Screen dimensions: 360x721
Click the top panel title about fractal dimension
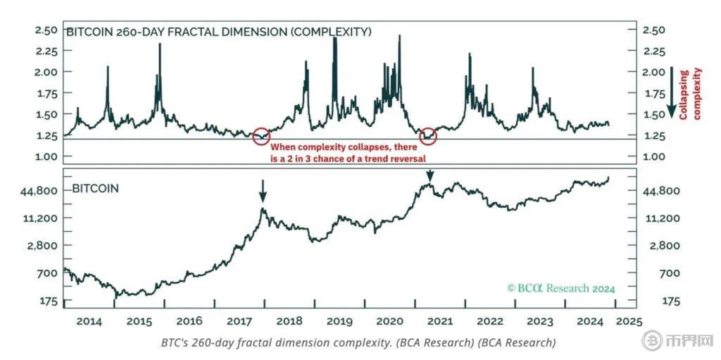click(218, 32)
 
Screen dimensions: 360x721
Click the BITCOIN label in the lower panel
click(96, 189)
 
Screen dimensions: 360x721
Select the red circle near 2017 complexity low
click(261, 136)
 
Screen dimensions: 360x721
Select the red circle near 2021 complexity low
click(427, 137)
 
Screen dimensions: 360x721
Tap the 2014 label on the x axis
click(89, 321)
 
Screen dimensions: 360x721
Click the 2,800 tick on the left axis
click(42, 246)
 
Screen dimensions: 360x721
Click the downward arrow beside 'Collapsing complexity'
click(672, 92)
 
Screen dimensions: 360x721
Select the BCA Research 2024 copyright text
click(561, 288)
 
